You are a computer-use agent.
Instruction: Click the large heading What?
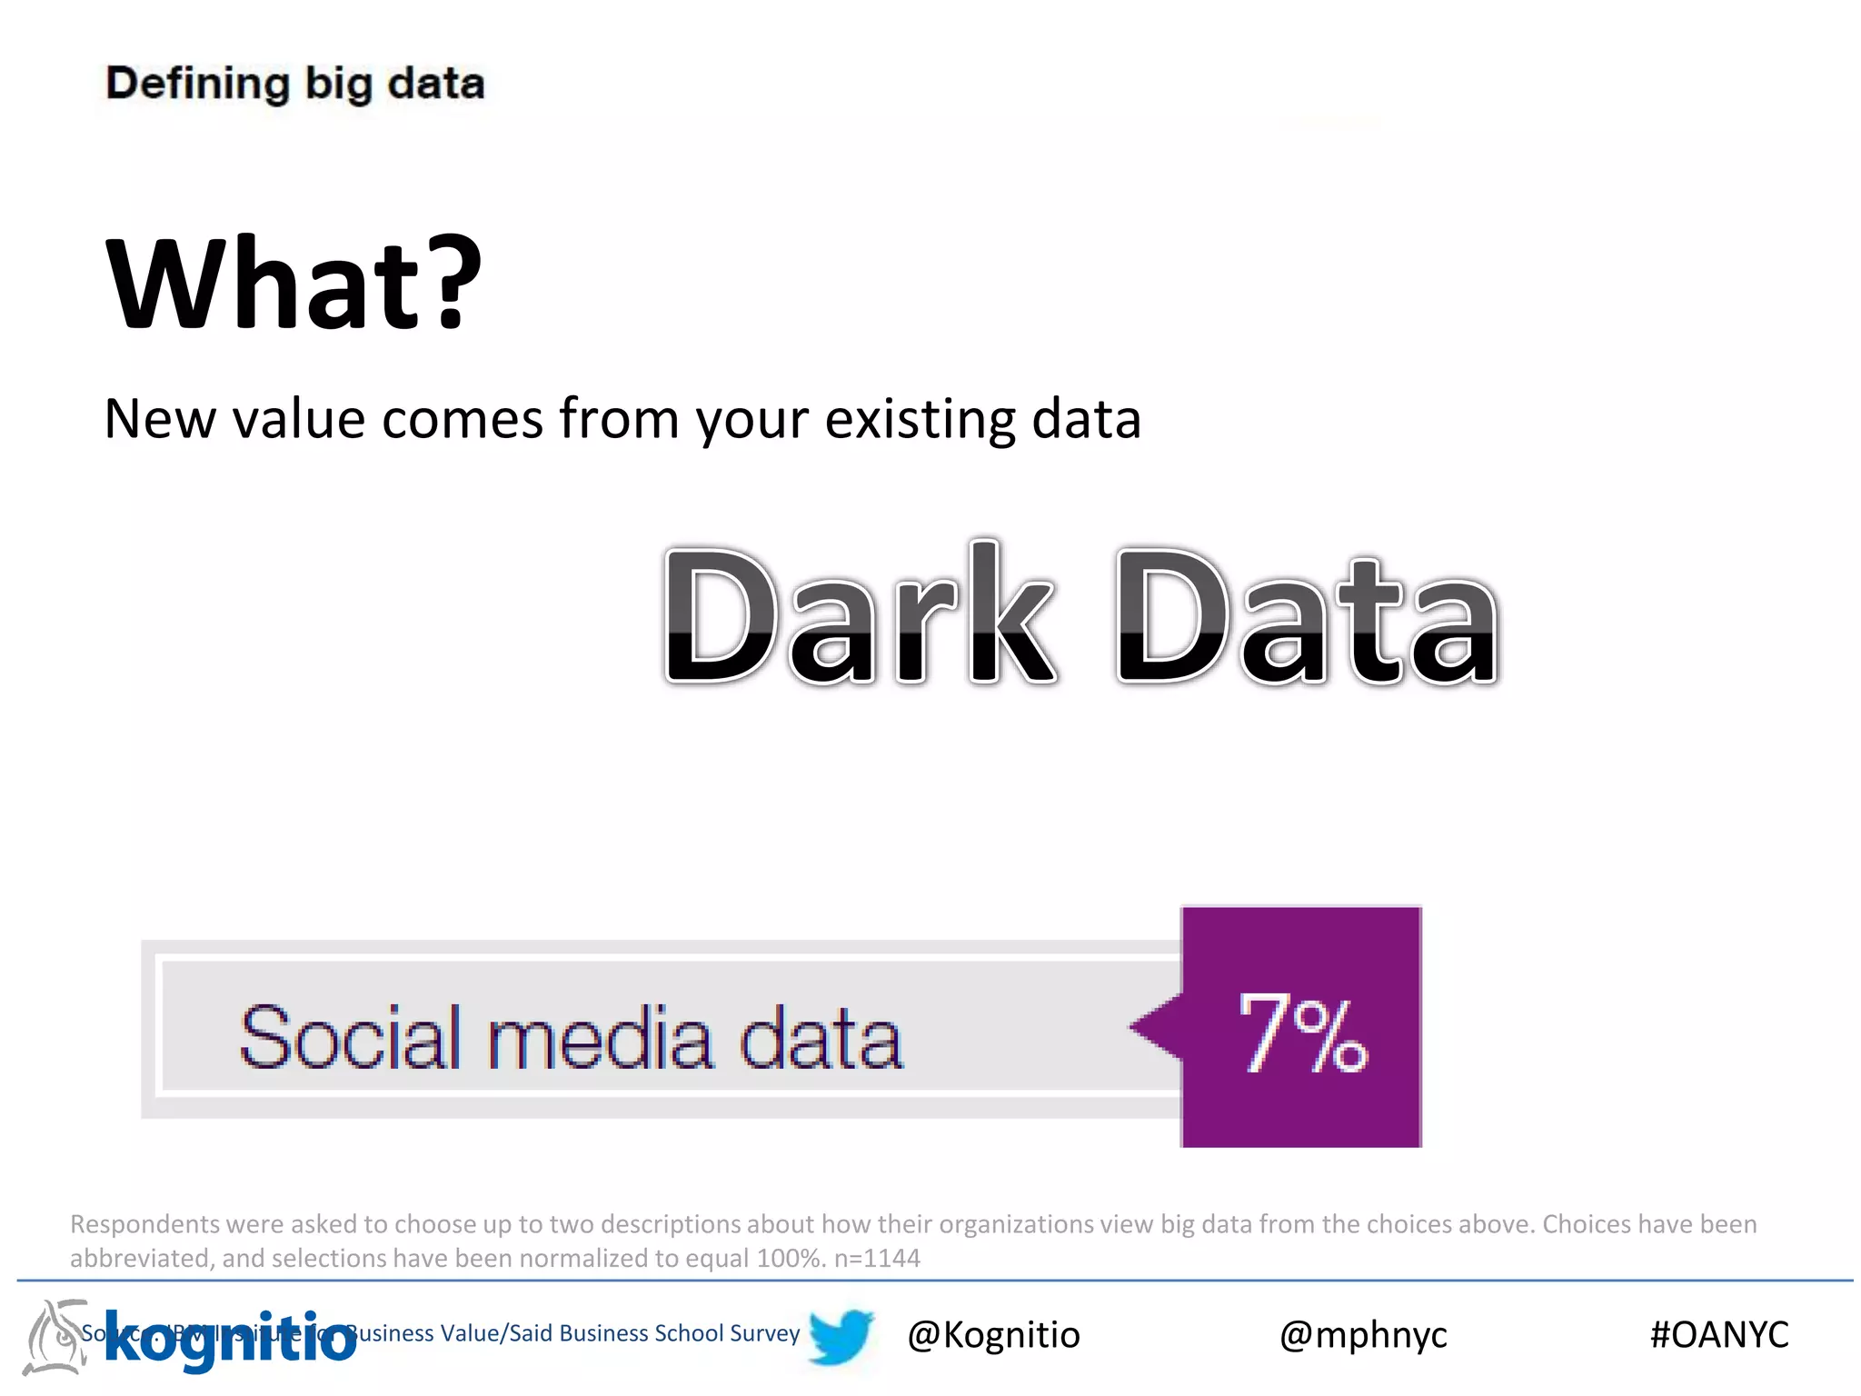point(294,284)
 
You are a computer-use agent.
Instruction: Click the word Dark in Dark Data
point(859,613)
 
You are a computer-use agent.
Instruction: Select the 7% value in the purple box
point(1303,1033)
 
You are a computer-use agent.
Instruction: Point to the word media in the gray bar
point(600,1037)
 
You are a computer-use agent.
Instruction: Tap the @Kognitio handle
point(993,1334)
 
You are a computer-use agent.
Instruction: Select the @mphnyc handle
point(1363,1334)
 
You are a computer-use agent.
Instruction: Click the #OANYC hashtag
point(1719,1334)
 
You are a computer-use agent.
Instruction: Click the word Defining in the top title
point(197,85)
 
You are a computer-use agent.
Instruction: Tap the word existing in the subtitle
point(921,420)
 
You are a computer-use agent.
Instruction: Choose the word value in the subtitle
point(298,420)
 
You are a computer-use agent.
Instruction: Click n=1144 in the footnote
point(877,1258)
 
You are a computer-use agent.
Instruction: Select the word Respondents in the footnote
point(144,1224)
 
